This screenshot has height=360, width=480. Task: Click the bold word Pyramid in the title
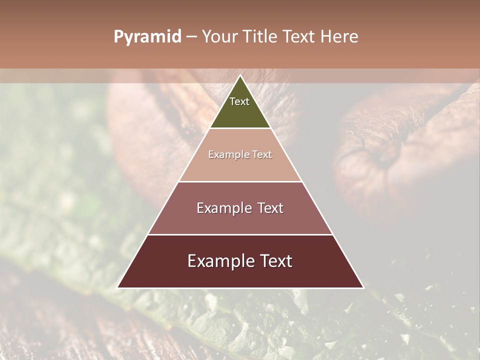[147, 37]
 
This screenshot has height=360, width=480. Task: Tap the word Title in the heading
[261, 37]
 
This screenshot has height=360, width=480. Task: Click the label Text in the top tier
[239, 101]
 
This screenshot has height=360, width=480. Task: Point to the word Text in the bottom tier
[275, 261]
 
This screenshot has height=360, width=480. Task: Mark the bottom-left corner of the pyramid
[118, 287]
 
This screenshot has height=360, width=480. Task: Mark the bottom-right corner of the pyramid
[363, 287]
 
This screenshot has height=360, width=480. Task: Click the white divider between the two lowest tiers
[240, 234]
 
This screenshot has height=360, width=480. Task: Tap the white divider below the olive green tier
[240, 128]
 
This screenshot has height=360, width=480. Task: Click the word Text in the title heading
[301, 37]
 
